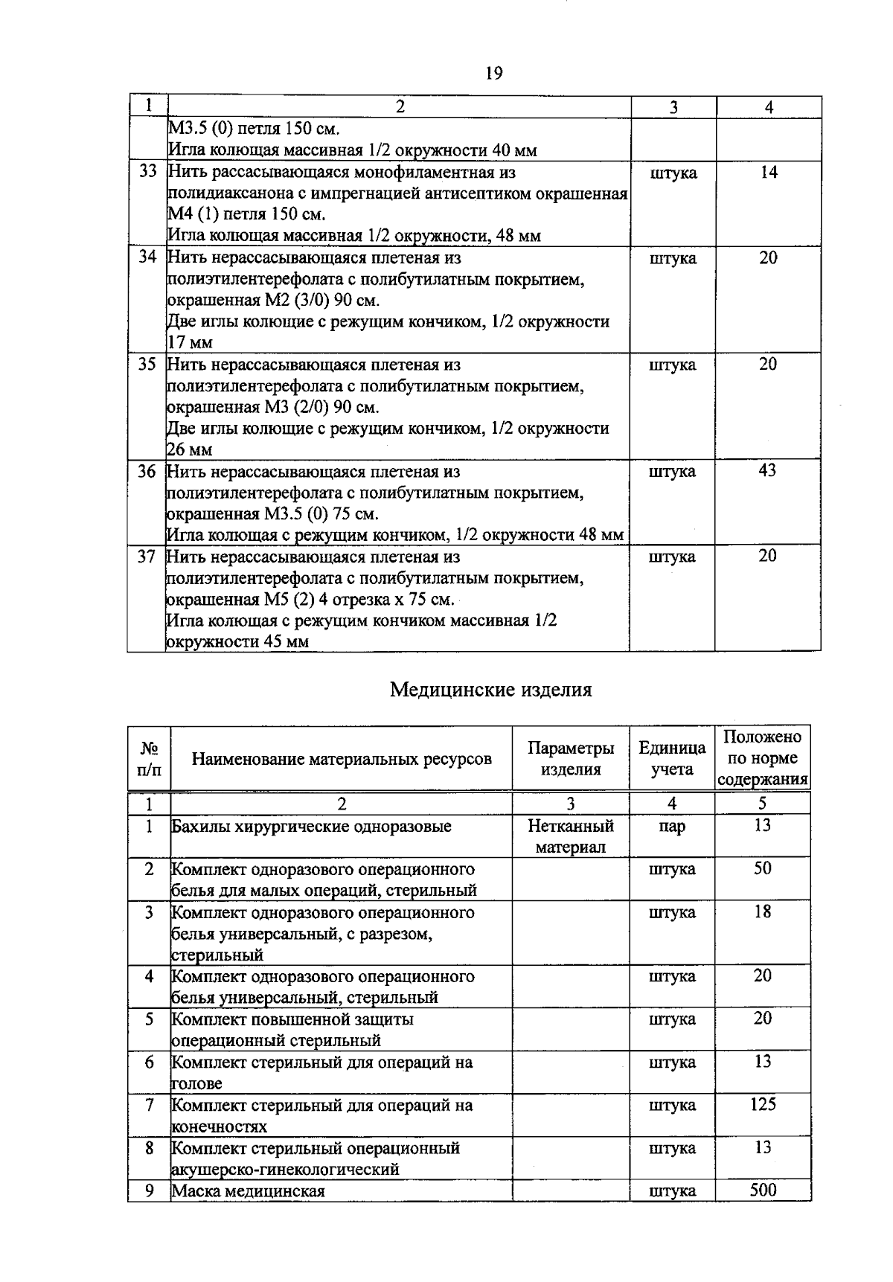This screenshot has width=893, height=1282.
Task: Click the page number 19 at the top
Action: (493, 73)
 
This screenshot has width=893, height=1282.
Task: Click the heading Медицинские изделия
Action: (491, 690)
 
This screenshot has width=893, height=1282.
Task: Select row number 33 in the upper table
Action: (148, 172)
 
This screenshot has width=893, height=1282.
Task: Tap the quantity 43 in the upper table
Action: (767, 470)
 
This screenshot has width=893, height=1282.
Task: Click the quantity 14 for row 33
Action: (769, 172)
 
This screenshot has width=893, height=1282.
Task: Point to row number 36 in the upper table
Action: (147, 471)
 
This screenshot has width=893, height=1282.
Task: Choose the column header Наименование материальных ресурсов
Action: (342, 758)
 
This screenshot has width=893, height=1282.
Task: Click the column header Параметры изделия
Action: (571, 758)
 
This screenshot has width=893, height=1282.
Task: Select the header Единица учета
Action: (672, 758)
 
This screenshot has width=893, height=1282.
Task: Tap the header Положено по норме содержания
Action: (763, 758)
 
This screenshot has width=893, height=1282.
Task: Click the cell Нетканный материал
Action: (571, 836)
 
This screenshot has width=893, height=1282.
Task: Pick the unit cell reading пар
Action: (672, 827)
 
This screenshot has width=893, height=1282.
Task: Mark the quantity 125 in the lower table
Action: (763, 1104)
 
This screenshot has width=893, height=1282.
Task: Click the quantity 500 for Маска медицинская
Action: (763, 1190)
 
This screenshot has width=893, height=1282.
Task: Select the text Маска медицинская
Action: (249, 1191)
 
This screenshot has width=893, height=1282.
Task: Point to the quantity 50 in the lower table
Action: (763, 868)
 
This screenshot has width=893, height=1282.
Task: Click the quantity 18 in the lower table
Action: (763, 911)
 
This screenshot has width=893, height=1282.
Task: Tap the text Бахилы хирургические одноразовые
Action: (312, 827)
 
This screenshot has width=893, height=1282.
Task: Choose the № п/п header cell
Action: (150, 758)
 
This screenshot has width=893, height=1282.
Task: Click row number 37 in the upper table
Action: (147, 557)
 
